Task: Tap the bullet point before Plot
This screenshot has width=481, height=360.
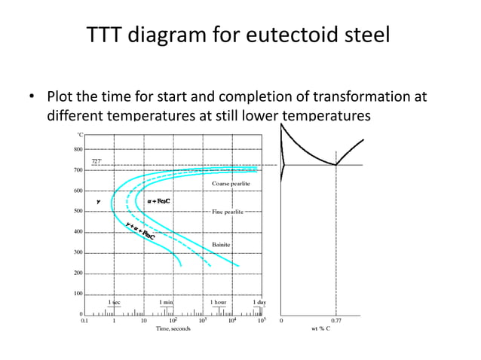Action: pos(32,98)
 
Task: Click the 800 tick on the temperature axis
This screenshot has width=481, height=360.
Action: pos(77,149)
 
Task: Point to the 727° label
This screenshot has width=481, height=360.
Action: pos(97,160)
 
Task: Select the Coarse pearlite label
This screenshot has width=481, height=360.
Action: pos(231,184)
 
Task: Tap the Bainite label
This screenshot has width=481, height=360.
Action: pos(221,245)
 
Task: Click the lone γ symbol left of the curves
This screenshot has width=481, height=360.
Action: pos(98,202)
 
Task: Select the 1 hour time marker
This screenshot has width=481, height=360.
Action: pos(218,302)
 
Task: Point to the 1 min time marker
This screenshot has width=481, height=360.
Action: pos(167,302)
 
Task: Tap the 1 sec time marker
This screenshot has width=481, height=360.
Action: pos(114,302)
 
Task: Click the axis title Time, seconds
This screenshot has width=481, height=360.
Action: pos(173,328)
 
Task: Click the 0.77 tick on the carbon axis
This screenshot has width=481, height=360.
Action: pos(336,320)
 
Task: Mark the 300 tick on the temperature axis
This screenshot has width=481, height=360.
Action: pos(77,252)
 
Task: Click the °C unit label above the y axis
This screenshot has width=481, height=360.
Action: pos(80,135)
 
